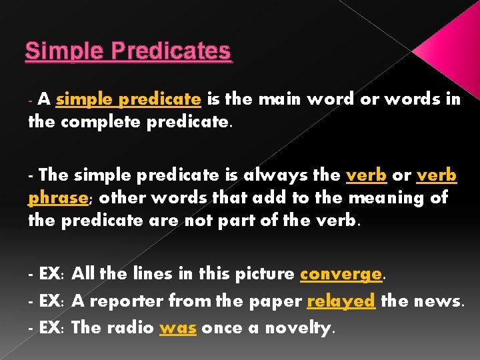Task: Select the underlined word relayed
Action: [x=341, y=301]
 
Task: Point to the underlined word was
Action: [x=177, y=328]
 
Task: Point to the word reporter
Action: [x=125, y=301]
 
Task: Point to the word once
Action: [x=222, y=328]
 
